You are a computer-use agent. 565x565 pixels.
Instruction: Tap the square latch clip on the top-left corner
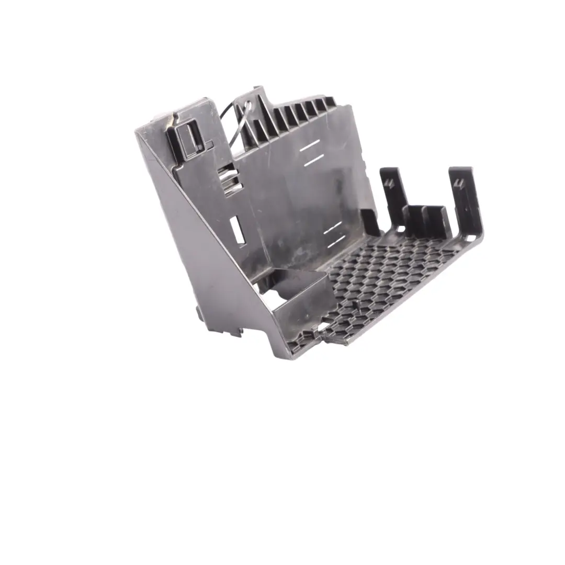pos(185,138)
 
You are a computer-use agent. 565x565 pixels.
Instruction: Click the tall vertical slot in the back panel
pos(237,230)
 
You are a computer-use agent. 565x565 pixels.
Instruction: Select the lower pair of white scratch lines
pos(333,234)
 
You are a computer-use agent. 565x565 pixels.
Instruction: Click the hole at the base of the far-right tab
pos(469,238)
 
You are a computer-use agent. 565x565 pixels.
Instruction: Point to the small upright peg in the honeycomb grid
pos(359,304)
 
